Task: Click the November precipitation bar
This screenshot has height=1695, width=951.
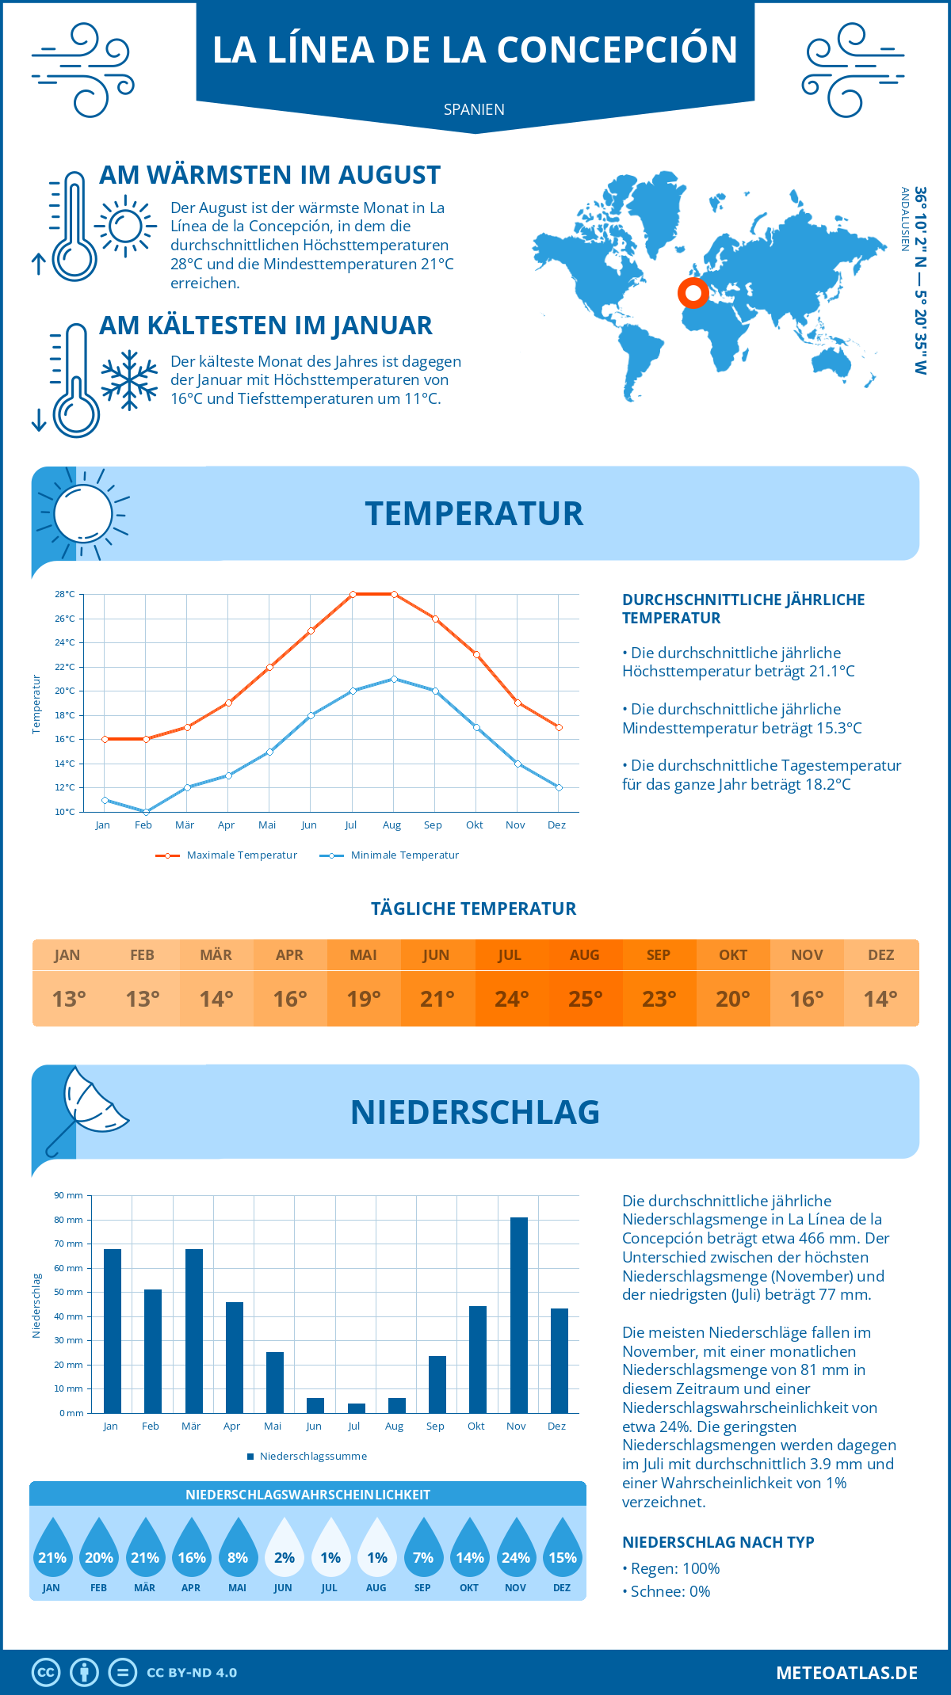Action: [x=518, y=1316]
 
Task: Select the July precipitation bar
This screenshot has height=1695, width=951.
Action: [x=357, y=1408]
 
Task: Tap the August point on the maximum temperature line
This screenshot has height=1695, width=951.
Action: [x=394, y=594]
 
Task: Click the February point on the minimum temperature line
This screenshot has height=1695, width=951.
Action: [x=146, y=812]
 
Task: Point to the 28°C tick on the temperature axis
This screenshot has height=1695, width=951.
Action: [x=65, y=594]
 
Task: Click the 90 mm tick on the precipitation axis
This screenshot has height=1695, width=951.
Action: [x=68, y=1195]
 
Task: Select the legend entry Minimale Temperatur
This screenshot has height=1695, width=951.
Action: [x=404, y=855]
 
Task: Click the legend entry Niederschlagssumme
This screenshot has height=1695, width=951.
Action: [x=313, y=1456]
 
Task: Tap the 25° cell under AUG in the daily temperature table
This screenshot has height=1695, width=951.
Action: [x=585, y=999]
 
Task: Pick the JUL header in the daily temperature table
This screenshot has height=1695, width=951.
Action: [x=510, y=954]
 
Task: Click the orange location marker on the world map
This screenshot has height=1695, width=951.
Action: [x=693, y=293]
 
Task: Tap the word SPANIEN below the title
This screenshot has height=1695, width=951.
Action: [x=474, y=109]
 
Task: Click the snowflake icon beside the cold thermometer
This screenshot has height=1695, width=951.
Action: [x=129, y=380]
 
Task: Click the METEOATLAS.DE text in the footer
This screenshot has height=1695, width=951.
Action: [x=846, y=1673]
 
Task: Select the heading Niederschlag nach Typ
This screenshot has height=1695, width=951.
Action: [x=718, y=1542]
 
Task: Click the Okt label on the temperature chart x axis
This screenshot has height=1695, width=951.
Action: [x=474, y=825]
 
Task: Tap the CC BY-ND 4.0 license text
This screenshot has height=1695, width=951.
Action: [x=192, y=1673]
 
